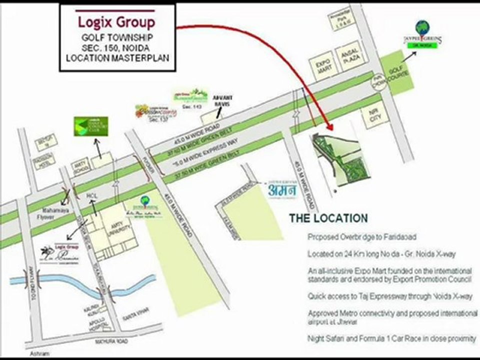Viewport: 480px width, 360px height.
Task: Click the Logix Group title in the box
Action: pos(116,22)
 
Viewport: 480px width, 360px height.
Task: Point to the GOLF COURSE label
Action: pos(398,75)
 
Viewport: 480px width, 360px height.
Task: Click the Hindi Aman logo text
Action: pos(281,190)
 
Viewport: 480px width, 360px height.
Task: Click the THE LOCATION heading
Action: pos(328,218)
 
